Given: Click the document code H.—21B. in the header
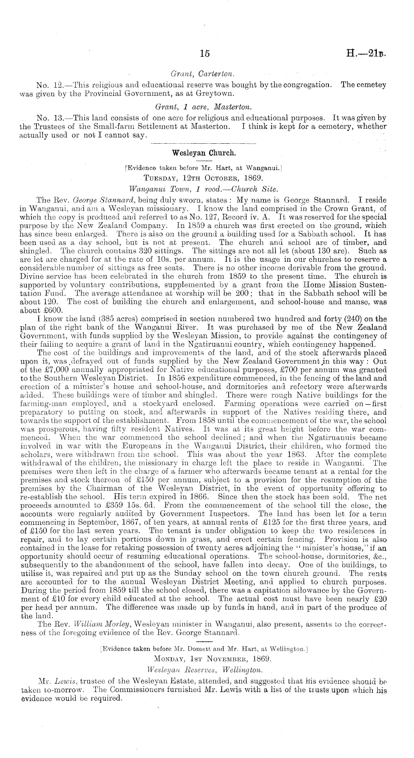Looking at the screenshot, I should pos(366,53).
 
